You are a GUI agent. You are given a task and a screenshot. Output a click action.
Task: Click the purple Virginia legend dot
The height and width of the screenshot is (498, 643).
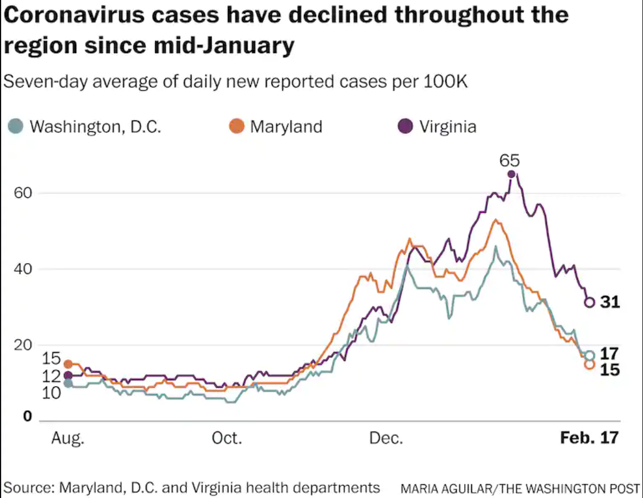[x=405, y=126]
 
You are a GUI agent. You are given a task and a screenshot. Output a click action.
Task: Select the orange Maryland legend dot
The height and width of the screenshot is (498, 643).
[x=236, y=126]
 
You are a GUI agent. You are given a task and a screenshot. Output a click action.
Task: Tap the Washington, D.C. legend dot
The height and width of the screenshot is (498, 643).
[x=17, y=126]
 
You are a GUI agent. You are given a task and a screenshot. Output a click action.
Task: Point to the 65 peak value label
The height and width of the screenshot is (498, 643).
[x=510, y=160]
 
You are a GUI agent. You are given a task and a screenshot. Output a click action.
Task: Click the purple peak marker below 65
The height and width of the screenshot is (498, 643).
[x=511, y=174]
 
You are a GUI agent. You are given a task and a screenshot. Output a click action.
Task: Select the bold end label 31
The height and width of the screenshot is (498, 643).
[x=610, y=301]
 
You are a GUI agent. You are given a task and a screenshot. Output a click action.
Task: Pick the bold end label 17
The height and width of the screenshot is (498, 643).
[x=610, y=354]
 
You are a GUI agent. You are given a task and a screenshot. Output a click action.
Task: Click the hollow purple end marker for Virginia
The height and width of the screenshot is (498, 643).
[x=589, y=302]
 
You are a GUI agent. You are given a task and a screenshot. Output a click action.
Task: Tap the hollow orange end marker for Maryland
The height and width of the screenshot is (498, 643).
[x=589, y=364]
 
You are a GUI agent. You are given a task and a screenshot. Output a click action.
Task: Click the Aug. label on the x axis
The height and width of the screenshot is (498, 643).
[x=67, y=438]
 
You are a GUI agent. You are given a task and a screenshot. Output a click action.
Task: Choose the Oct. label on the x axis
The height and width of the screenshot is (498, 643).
[x=226, y=438]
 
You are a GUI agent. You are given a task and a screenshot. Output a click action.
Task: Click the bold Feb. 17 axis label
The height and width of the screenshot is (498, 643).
[x=589, y=438]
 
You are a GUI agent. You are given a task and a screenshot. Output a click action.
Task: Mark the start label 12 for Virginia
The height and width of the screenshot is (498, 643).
[x=51, y=376]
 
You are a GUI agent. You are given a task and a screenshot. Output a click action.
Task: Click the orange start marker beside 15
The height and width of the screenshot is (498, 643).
[x=68, y=364]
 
